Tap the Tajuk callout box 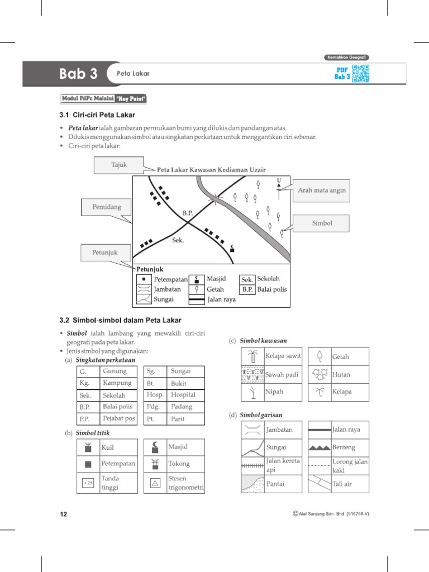point(119,165)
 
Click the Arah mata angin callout point(321,190)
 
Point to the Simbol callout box point(321,223)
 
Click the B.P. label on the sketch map point(187,213)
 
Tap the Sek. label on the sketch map point(178,241)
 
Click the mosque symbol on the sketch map point(232,247)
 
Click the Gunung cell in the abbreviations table point(115,371)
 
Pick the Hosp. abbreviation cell point(155,395)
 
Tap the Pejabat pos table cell point(119,418)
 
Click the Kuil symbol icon point(88,447)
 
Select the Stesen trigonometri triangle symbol point(155,484)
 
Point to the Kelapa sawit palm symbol point(252,356)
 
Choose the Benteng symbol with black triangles point(320,447)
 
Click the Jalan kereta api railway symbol point(252,465)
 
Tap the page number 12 point(63,514)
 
